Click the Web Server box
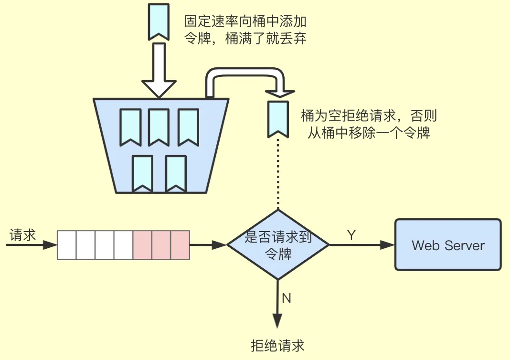pos(448,245)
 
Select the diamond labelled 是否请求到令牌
pos(278,245)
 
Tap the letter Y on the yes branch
pos(351,235)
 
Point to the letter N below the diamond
pos(287,298)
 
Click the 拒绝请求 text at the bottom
pos(277,345)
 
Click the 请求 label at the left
pos(23,235)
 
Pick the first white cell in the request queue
pos(67,245)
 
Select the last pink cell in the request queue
pos(180,245)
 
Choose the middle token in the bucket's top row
pos(159,126)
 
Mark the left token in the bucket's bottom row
pos(142,173)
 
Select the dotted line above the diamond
pos(277,174)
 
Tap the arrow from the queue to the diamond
pos(208,245)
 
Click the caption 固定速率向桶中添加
pos(245,21)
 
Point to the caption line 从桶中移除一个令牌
pos(369,132)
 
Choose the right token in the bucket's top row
pos(188,126)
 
